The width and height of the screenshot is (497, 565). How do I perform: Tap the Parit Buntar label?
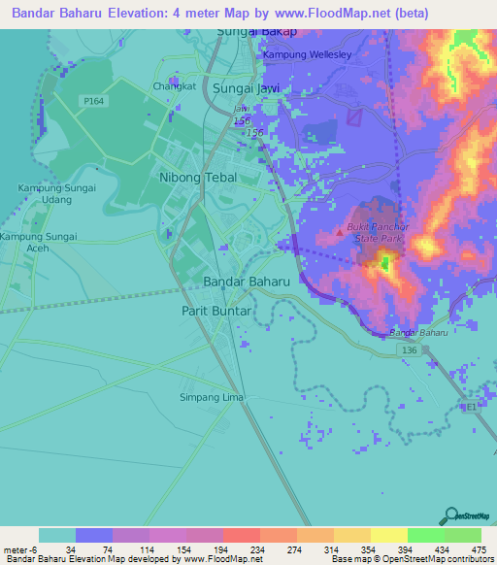pyautogui.click(x=216, y=311)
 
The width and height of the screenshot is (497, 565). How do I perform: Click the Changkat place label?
pyautogui.click(x=175, y=85)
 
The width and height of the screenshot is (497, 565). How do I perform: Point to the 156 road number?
pyautogui.click(x=255, y=132)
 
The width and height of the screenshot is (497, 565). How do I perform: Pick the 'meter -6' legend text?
pyautogui.click(x=20, y=549)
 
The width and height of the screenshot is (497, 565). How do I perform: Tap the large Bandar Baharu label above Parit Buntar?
pyautogui.click(x=247, y=282)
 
